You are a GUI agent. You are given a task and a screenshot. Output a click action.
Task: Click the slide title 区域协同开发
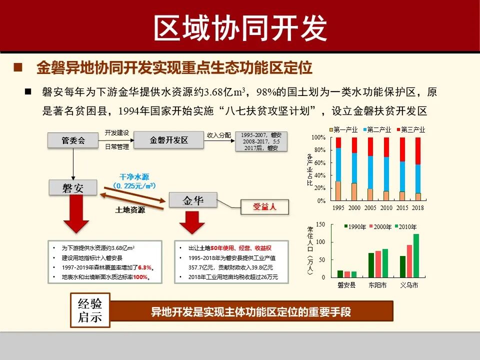click(240, 27)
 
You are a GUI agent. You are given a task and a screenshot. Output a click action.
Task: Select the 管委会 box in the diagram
click(73, 140)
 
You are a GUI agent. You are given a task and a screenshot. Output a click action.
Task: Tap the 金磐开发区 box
click(168, 140)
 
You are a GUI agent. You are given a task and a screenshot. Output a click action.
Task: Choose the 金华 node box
click(193, 200)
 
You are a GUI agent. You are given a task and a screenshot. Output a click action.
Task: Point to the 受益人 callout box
click(264, 206)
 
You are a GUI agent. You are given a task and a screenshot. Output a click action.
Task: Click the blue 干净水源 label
click(134, 177)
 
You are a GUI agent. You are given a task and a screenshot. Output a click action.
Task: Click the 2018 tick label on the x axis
click(418, 207)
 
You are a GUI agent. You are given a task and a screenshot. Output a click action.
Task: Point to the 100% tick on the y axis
click(318, 137)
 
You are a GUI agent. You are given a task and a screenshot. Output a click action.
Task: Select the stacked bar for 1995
click(338, 169)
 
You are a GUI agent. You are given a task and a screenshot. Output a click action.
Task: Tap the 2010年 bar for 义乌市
click(416, 255)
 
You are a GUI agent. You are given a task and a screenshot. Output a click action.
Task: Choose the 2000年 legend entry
click(381, 226)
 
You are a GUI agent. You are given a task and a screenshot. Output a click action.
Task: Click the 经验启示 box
click(90, 310)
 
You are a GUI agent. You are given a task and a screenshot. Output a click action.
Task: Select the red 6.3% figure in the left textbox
click(144, 267)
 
